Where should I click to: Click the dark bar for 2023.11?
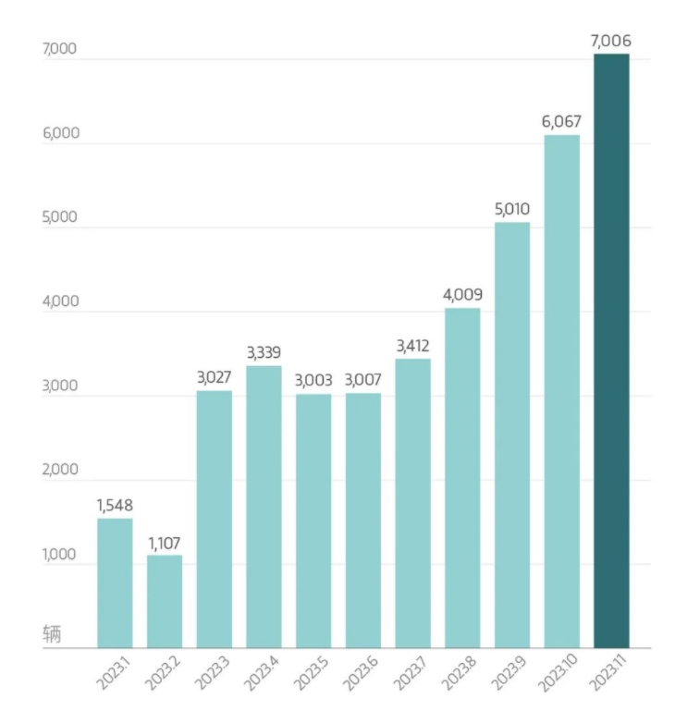tap(611, 351)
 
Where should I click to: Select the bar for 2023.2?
tap(165, 601)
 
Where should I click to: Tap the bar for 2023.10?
tap(561, 392)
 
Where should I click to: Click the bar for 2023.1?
tap(115, 582)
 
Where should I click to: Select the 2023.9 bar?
tap(512, 435)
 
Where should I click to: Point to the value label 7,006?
tap(611, 41)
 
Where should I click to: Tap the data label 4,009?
tap(462, 296)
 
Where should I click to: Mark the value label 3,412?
tap(412, 347)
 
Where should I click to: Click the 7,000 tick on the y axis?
tap(61, 49)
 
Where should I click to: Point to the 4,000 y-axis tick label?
tap(61, 301)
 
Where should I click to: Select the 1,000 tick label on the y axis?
tap(61, 555)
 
